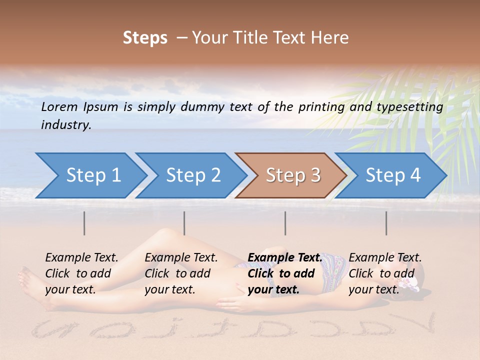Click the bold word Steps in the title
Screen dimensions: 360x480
tap(145, 38)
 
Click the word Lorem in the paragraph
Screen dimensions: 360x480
tap(59, 106)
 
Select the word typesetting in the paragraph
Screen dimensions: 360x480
tap(410, 106)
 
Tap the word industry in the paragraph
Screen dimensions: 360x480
tap(66, 125)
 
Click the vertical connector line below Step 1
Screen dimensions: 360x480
tap(84, 223)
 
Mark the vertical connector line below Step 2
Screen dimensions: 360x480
tap(184, 223)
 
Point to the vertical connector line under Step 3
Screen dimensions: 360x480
tap(285, 223)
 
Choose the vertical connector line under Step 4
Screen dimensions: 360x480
tap(386, 223)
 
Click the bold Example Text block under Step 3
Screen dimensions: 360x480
tap(284, 273)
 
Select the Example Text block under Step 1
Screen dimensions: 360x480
tap(81, 273)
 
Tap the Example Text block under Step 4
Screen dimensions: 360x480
tap(385, 273)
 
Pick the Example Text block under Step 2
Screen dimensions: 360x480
tap(181, 273)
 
